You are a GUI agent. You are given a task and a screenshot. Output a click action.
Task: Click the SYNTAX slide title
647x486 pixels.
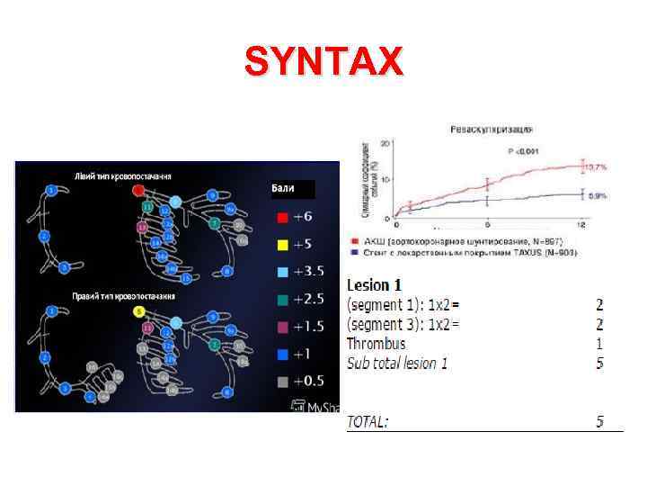[324, 63]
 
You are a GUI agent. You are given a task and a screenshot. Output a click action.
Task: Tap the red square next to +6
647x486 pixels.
[282, 218]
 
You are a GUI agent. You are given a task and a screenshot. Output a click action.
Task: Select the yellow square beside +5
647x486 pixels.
[282, 245]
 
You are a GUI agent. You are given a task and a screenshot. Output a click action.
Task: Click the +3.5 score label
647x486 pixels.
[310, 271]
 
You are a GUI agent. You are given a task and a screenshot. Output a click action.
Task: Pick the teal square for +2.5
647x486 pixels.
[282, 298]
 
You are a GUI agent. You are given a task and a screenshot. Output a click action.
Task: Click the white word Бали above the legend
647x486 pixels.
[283, 188]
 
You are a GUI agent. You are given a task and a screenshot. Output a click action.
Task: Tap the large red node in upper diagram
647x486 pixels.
[138, 191]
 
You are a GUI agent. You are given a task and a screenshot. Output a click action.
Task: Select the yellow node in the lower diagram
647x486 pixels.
[138, 311]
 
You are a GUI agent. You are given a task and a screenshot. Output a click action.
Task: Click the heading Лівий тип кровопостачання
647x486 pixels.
[123, 175]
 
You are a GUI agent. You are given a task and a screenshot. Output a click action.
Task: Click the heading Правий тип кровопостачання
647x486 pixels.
[124, 295]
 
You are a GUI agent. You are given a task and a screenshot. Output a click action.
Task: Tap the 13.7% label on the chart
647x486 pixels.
[597, 167]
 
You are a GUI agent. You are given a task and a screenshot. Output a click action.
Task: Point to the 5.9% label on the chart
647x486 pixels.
[597, 194]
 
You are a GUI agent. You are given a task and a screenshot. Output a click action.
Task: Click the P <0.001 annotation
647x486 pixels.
[524, 152]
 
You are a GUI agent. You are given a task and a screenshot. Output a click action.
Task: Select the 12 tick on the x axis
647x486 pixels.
[581, 223]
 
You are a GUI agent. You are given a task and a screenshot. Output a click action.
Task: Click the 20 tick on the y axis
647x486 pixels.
[386, 143]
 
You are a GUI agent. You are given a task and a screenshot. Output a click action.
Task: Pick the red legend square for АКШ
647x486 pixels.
[352, 242]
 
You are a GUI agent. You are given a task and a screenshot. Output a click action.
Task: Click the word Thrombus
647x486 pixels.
[376, 344]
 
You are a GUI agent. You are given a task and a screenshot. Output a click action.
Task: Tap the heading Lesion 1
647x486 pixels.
[375, 285]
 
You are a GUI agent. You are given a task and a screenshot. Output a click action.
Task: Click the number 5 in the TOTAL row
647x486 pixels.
[599, 421]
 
